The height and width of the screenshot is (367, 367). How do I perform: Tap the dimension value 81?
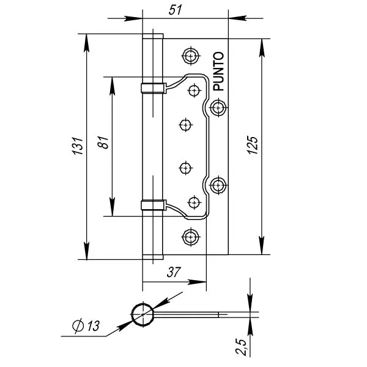click(103, 145)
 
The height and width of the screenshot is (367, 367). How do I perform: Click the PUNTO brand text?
click(220, 72)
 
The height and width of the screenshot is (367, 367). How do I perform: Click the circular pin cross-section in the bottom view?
click(143, 314)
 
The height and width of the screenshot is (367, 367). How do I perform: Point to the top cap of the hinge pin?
click(153, 35)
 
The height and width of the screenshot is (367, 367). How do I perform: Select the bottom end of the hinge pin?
click(153, 256)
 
